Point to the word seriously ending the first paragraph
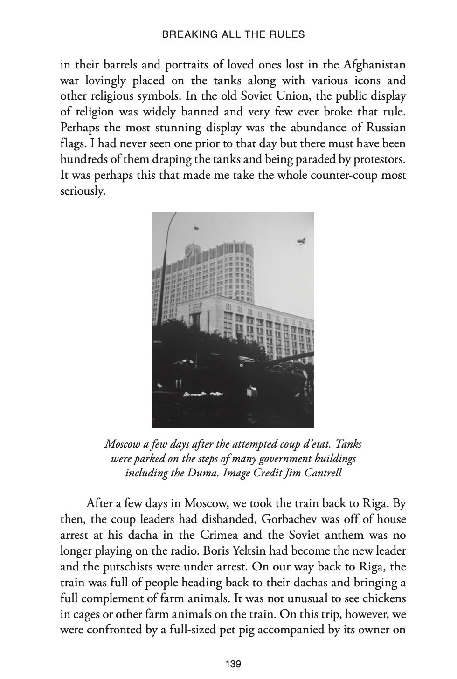tap(82, 191)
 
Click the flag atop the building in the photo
tap(196, 228)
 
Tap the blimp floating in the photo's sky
tap(300, 240)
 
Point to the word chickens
tap(383, 598)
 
